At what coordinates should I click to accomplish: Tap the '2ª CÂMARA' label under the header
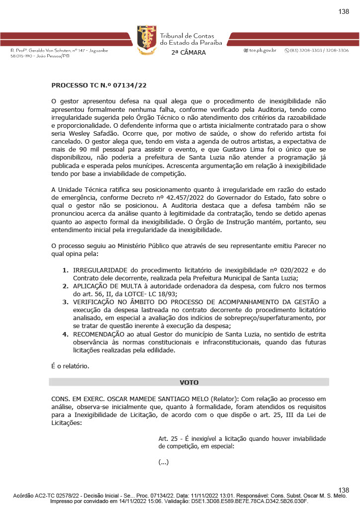coord(188,53)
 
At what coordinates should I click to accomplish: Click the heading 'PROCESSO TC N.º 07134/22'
coord(99,85)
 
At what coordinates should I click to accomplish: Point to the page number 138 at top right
coord(344,12)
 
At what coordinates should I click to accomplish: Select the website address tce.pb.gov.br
coord(263,51)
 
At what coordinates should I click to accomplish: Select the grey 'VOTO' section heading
coord(189,382)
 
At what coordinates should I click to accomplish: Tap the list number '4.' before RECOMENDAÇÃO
coord(65,334)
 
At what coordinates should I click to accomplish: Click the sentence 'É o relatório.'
coord(71,366)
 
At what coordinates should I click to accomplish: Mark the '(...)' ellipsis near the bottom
coord(164,462)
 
